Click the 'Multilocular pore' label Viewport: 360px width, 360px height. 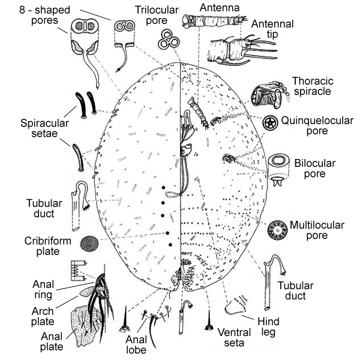click(x=317, y=230)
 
